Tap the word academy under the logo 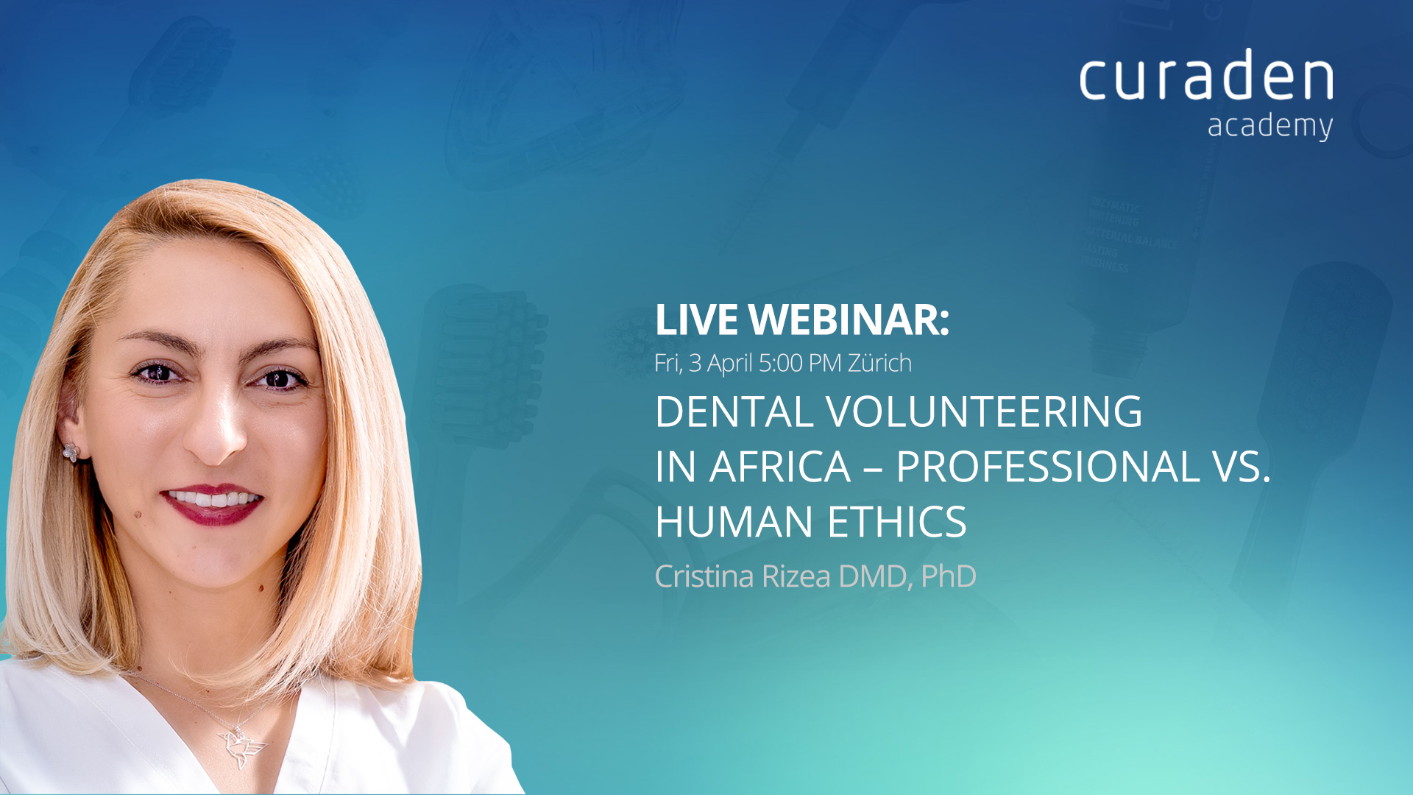[1270, 127]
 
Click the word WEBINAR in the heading [849, 319]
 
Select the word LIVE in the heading [696, 319]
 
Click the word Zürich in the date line [879, 362]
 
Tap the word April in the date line [729, 364]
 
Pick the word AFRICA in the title [779, 467]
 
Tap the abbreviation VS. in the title [1242, 467]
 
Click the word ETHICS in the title [897, 522]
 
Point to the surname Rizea [796, 576]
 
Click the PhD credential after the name [949, 576]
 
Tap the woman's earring [71, 452]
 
